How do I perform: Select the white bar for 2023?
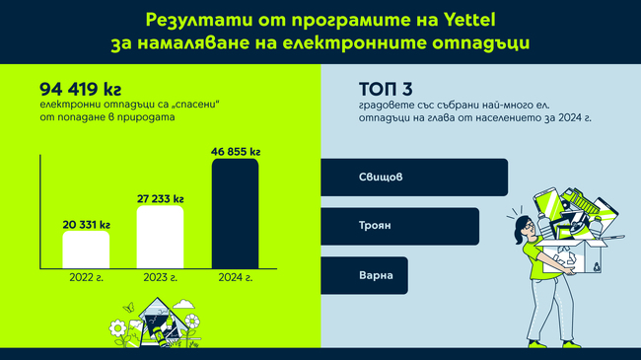(x=160, y=237)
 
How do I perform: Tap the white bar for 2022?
(x=86, y=250)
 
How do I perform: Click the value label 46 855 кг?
(x=236, y=151)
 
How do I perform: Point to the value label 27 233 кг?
(x=161, y=198)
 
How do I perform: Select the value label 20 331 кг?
(x=86, y=223)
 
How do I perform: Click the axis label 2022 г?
(x=86, y=277)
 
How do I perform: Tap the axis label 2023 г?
(x=160, y=277)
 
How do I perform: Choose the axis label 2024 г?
(x=235, y=277)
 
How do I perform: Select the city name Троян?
(x=375, y=226)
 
